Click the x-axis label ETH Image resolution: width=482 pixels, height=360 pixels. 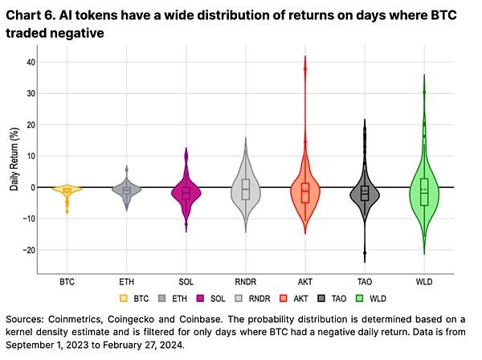[127, 282]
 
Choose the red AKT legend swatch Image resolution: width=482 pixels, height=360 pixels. [324, 298]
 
